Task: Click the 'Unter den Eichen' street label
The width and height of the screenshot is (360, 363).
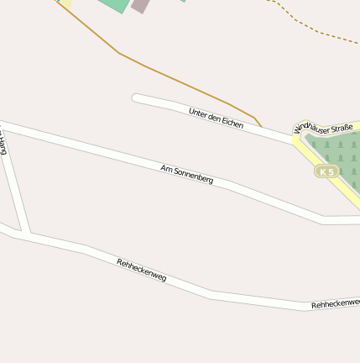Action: [x=216, y=118]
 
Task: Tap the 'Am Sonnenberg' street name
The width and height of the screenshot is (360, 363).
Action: [x=186, y=174]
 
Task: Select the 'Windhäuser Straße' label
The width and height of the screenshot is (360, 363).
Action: [x=323, y=128]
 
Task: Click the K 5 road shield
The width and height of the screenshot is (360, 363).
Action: [x=326, y=171]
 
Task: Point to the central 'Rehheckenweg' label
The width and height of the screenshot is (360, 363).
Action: [x=141, y=270]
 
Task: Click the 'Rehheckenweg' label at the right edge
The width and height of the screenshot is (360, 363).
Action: [x=336, y=303]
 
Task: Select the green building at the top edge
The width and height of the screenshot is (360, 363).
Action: [x=113, y=4]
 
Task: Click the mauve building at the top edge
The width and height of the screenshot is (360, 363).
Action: [x=140, y=6]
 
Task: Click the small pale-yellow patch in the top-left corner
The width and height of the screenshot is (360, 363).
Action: [x=65, y=4]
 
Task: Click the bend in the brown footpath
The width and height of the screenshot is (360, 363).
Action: [x=120, y=54]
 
